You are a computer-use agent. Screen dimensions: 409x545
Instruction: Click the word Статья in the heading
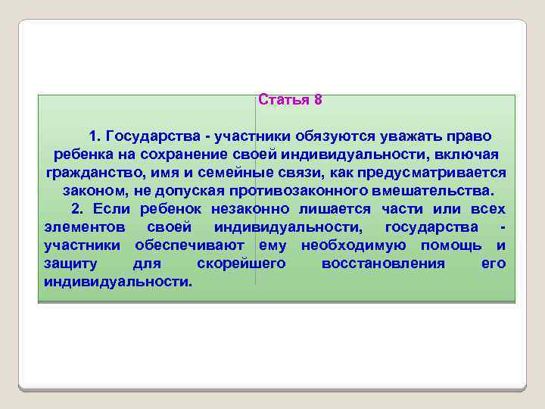[283, 100]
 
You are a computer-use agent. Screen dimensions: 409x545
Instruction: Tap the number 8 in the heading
[318, 100]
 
